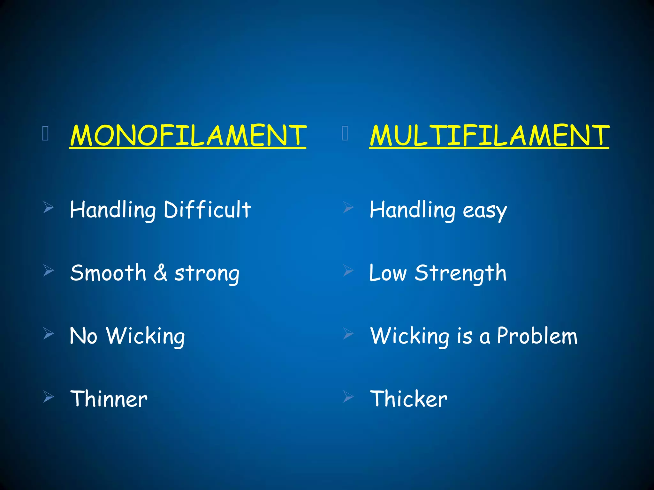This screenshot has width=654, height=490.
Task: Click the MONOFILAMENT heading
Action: [188, 135]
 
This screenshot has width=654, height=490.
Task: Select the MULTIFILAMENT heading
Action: [489, 135]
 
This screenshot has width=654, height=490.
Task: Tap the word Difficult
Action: [207, 210]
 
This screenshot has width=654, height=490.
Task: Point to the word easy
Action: [485, 211]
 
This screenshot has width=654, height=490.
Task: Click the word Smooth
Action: [108, 273]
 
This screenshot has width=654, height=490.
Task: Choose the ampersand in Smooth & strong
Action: [160, 273]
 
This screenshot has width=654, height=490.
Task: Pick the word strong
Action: [207, 274]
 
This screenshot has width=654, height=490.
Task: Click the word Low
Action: [388, 273]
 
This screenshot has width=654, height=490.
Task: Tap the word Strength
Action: [460, 273]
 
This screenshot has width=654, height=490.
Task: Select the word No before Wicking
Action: [83, 336]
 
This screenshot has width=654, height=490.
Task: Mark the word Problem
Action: [537, 336]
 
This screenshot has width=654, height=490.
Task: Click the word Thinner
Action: [109, 399]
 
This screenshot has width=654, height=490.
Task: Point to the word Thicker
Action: [409, 399]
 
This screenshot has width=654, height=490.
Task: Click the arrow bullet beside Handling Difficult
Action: [49, 207]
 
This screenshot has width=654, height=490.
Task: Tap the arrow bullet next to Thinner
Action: [49, 397]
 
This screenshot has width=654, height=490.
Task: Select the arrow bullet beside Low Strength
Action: [348, 271]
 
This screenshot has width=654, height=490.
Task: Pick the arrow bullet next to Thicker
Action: [348, 397]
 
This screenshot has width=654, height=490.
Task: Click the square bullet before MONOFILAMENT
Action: [45, 134]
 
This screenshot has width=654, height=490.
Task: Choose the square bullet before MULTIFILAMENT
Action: [345, 134]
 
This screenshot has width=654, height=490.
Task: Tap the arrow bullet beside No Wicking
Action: [49, 334]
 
